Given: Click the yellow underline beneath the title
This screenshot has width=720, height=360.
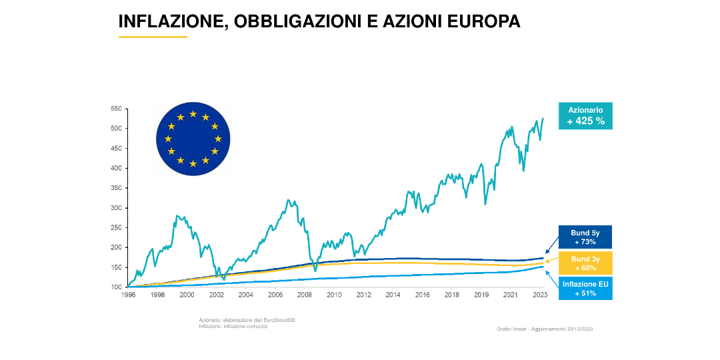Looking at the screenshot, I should (153, 37).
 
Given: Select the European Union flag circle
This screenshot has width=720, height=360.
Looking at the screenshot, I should (193, 139).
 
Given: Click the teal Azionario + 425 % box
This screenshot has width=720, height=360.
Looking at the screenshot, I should (585, 115).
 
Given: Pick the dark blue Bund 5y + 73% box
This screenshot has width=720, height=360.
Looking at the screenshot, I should (585, 237).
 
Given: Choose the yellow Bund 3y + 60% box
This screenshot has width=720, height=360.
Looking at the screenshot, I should (585, 263).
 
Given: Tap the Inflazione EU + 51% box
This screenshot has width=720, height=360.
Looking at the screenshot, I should (585, 289).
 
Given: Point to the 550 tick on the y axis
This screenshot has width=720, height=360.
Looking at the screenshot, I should (115, 108).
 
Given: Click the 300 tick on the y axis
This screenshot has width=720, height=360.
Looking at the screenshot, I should (115, 207).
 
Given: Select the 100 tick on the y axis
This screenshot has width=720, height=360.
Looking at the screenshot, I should (115, 287).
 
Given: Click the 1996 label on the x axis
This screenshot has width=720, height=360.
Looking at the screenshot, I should (129, 294).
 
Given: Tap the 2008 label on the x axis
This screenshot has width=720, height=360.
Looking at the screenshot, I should (304, 294).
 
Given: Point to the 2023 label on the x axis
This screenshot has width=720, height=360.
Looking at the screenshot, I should (539, 294).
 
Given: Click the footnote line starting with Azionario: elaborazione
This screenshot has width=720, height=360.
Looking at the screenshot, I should (247, 320).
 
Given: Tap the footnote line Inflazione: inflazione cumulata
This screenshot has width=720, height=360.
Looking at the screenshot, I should (233, 326).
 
